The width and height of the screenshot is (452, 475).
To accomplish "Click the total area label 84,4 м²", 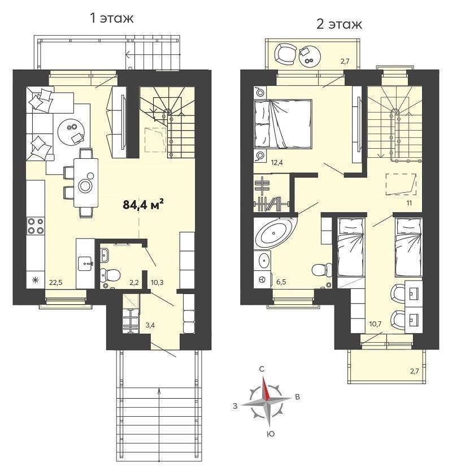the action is (x=143, y=205).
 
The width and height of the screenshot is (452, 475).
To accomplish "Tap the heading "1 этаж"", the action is (x=112, y=18).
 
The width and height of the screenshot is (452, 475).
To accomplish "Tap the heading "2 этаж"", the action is (x=339, y=24).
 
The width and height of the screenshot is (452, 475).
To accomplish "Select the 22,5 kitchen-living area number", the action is (x=56, y=283).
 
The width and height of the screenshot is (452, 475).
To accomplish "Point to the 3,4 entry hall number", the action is (x=150, y=325).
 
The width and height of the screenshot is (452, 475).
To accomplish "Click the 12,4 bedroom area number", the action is (x=277, y=163).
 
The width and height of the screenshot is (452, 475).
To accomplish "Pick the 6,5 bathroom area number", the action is (x=281, y=282).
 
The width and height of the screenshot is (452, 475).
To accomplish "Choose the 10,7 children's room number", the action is (x=375, y=324).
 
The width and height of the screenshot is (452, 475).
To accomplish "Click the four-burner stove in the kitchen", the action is (x=36, y=226).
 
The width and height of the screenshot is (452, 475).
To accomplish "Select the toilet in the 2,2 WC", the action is (x=110, y=275).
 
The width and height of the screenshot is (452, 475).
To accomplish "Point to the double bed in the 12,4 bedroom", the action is (x=282, y=124).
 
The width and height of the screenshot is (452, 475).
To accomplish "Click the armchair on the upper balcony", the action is (x=285, y=54).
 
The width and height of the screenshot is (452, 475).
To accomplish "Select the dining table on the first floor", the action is (x=86, y=183).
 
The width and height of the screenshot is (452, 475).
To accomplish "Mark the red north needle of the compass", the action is (x=265, y=388).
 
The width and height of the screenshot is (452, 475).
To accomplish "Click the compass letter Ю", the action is (x=271, y=434).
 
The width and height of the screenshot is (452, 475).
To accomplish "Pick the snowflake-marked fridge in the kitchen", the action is (x=36, y=280).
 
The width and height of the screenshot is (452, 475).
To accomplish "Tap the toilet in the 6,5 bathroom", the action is (x=321, y=269).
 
